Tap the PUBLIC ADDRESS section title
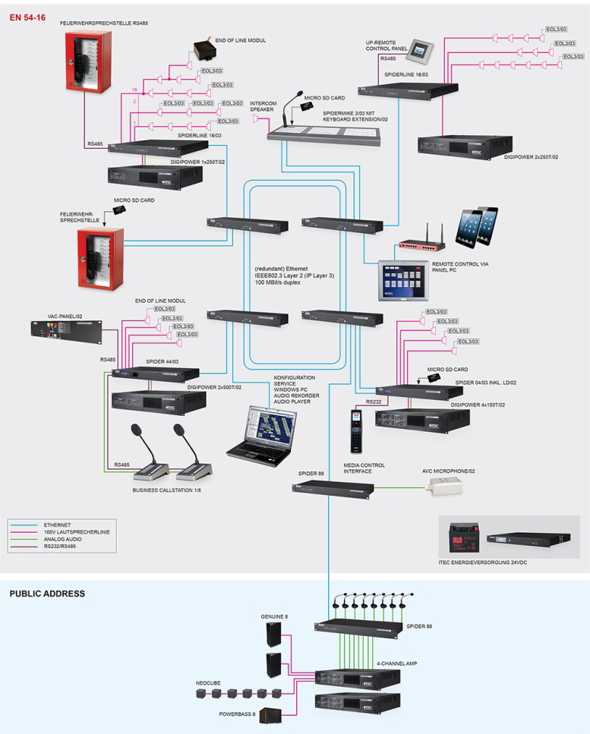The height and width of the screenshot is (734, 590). [x=47, y=594]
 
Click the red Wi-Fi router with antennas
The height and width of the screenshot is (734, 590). [x=424, y=242]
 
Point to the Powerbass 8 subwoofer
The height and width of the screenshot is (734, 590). [x=271, y=715]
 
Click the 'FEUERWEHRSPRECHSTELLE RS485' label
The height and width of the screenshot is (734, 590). [x=104, y=24]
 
